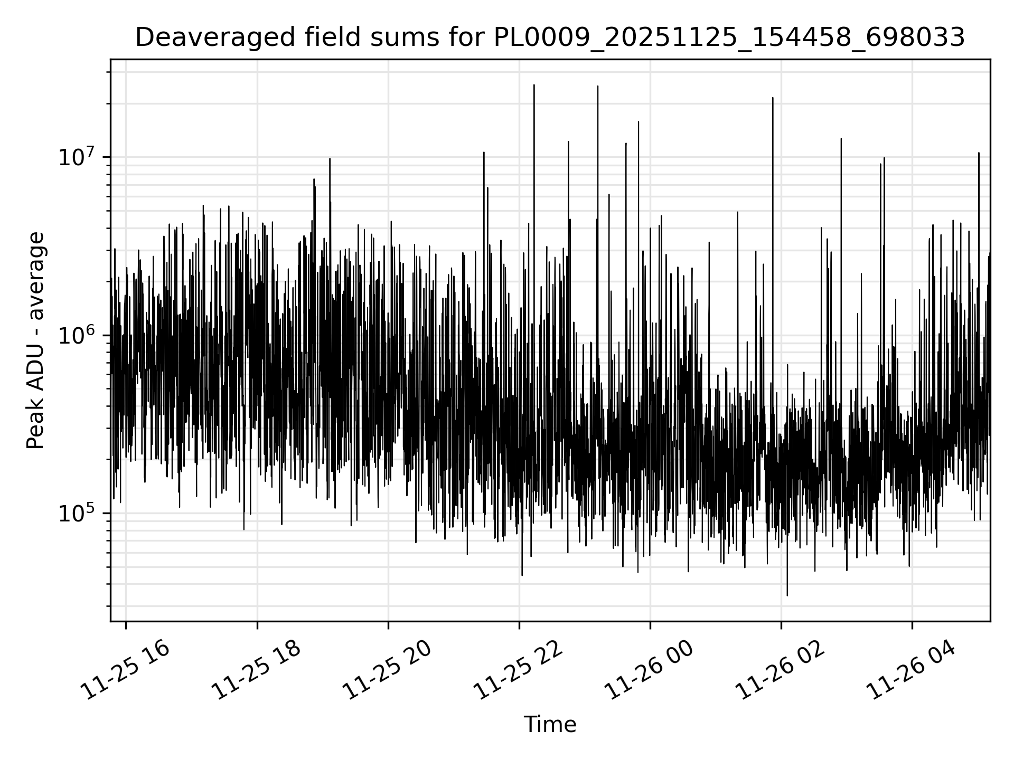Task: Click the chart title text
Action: (550, 38)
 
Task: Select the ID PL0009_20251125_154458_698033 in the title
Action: (729, 38)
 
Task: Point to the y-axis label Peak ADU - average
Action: (36, 340)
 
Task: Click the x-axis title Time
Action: (550, 725)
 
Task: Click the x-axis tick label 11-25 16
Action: (125, 670)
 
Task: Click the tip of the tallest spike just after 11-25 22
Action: (534, 84)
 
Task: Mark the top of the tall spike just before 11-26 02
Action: (773, 98)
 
